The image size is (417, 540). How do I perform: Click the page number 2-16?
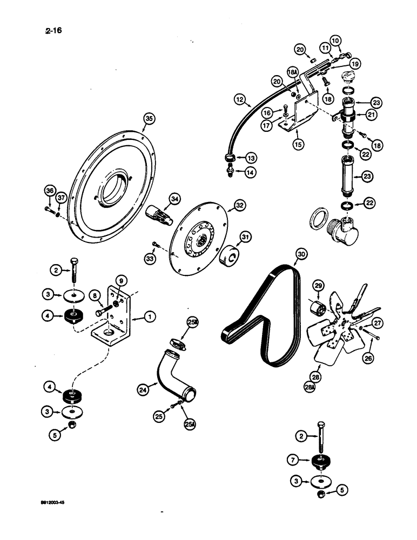(x=53, y=30)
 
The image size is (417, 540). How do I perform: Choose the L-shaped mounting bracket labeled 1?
(x=117, y=319)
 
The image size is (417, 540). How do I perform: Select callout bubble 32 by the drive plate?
(x=239, y=205)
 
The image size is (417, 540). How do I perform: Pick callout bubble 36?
(x=50, y=191)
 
